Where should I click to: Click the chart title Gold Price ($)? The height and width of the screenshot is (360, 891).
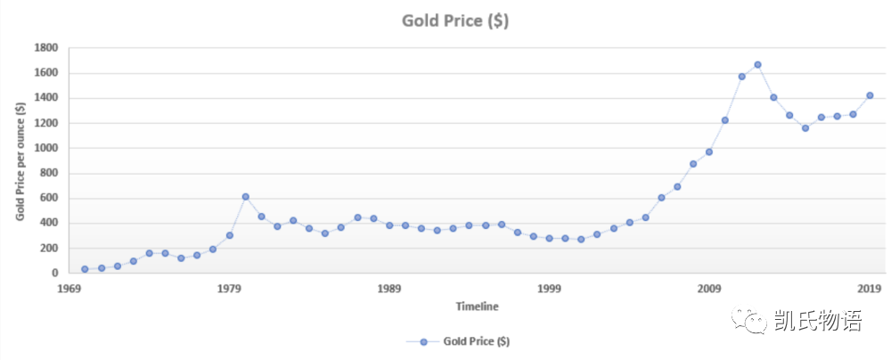point(455,20)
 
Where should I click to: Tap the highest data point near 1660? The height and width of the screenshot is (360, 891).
point(757,65)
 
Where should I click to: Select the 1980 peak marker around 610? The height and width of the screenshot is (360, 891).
point(245,197)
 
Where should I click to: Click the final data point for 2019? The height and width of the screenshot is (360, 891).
point(870,95)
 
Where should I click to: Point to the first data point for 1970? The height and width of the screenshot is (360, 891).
point(85,269)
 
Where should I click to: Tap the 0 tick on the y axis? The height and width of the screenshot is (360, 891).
point(54,274)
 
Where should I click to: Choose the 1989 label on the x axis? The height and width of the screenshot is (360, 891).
point(389,289)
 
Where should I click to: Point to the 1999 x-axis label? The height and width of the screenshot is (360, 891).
point(550,289)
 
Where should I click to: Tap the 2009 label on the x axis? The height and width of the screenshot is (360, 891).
point(710,289)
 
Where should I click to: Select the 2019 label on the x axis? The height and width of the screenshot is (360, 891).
point(870,289)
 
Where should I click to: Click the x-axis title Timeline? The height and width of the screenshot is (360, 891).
point(478,307)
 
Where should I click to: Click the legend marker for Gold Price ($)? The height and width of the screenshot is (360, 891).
point(423,341)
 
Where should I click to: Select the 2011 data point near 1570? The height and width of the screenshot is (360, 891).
point(741,77)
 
